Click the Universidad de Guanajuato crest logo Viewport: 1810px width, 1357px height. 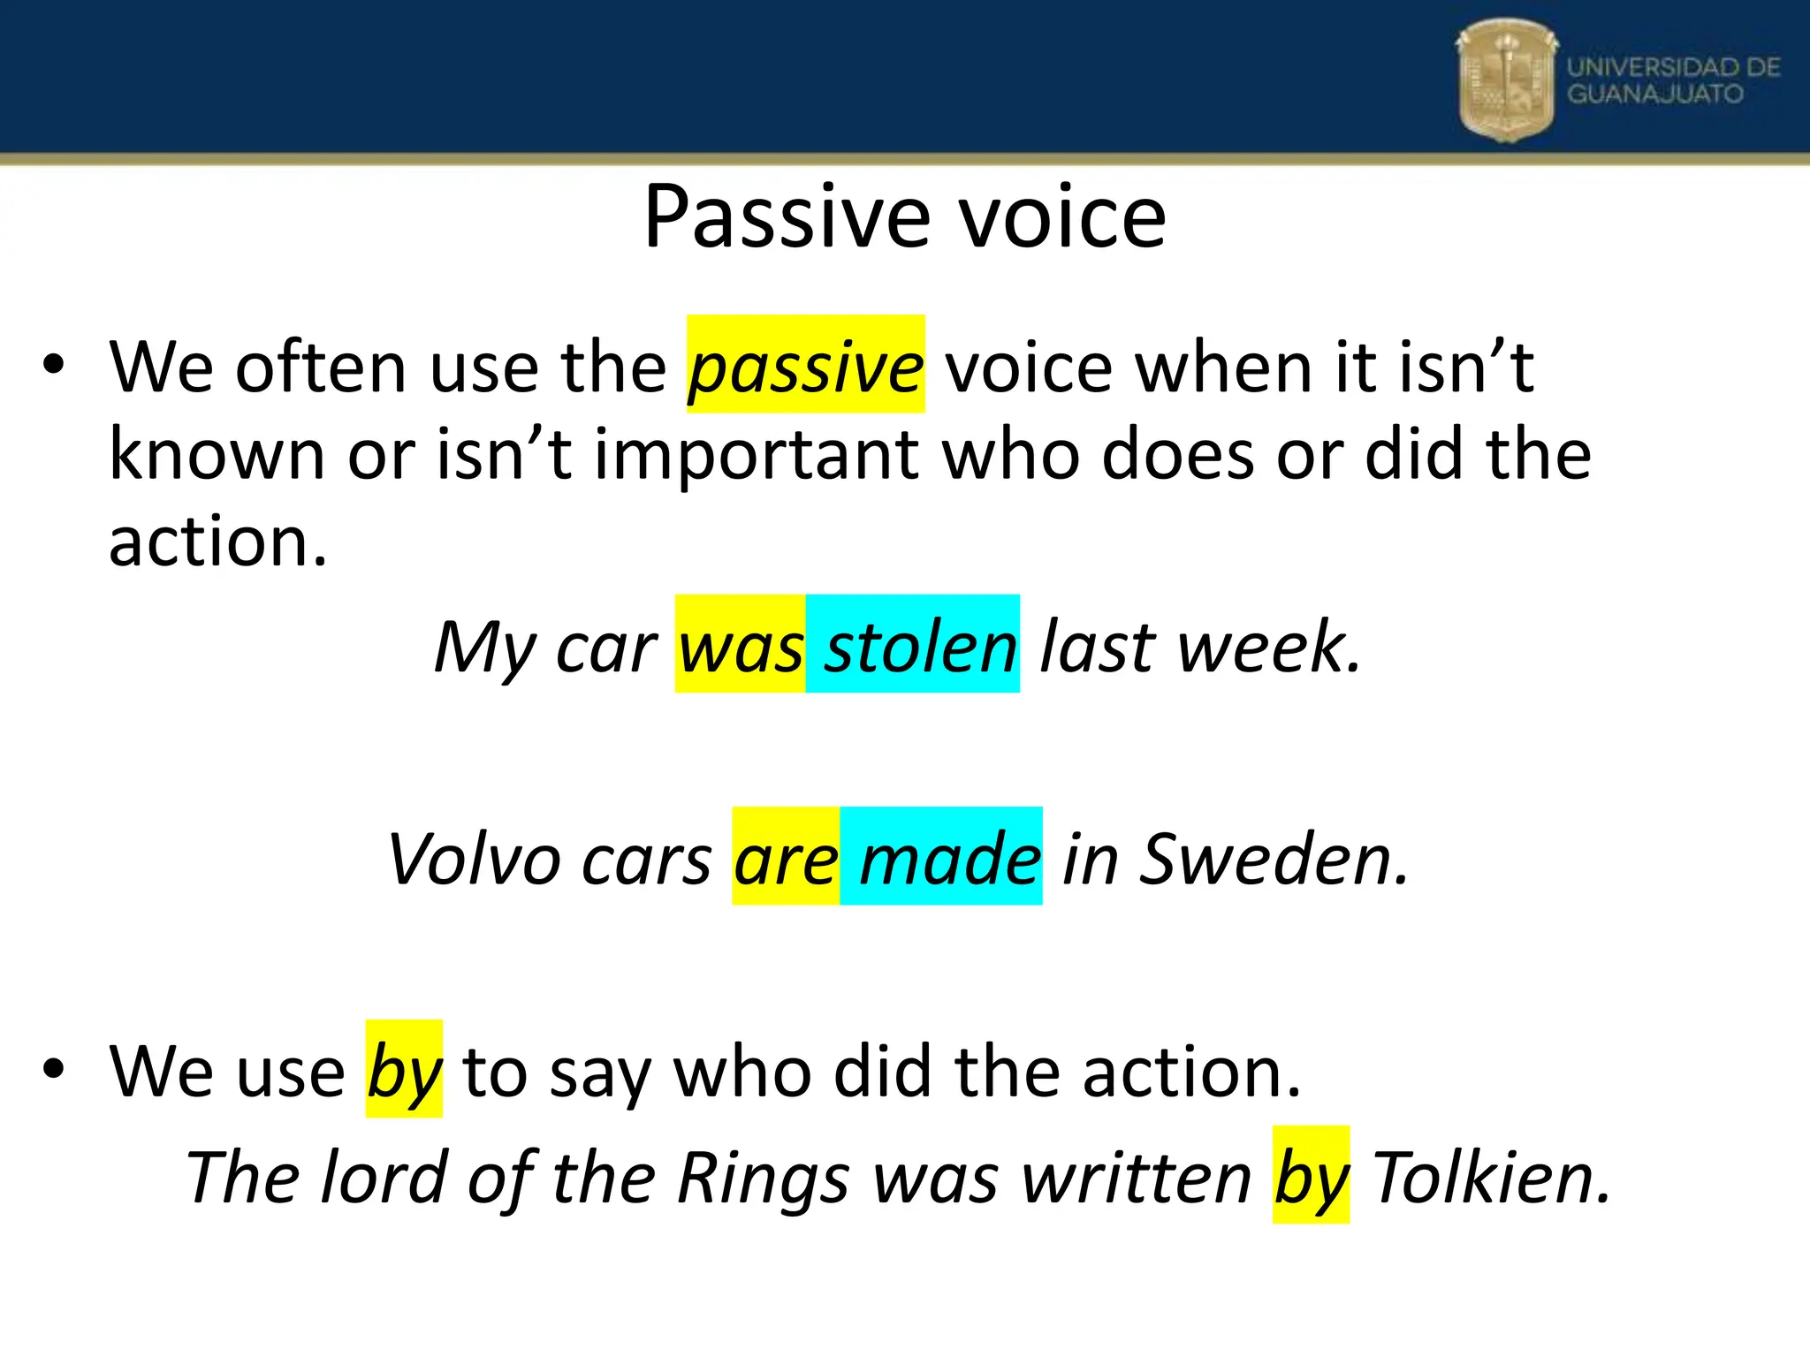click(x=1506, y=80)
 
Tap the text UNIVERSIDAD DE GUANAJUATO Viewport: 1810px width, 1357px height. click(x=1673, y=80)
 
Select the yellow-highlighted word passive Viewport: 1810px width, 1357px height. click(x=806, y=366)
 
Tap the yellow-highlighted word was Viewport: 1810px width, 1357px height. click(x=741, y=647)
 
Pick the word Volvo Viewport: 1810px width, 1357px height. click(x=474, y=859)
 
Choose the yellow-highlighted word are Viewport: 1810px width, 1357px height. click(x=786, y=859)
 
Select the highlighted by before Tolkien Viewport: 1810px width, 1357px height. click(x=1311, y=1179)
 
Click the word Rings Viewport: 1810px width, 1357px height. click(x=764, y=1179)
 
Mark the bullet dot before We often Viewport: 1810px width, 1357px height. click(x=54, y=366)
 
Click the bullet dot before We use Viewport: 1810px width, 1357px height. click(x=54, y=1069)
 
